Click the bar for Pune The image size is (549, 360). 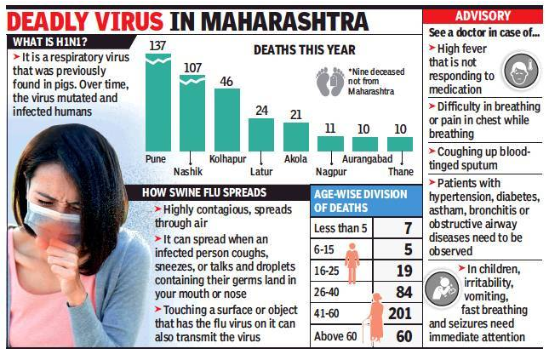(x=158, y=102)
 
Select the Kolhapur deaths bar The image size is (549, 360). (x=227, y=120)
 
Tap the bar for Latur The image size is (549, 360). (x=261, y=134)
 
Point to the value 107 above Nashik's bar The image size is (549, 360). (x=192, y=67)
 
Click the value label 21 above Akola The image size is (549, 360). (x=296, y=115)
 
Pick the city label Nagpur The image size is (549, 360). (x=331, y=172)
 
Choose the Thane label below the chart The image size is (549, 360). (x=401, y=172)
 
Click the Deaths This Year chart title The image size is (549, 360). (x=304, y=49)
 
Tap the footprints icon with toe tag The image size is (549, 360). (x=329, y=82)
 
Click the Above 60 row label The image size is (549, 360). (x=335, y=336)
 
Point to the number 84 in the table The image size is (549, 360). (x=403, y=292)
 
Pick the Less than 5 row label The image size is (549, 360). (x=340, y=228)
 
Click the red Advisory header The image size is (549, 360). (x=483, y=16)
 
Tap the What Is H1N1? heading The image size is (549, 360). (x=50, y=42)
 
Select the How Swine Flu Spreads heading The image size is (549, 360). (x=204, y=192)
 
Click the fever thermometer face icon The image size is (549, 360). (x=521, y=71)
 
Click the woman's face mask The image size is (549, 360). (x=54, y=221)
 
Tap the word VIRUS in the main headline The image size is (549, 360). (x=129, y=22)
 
